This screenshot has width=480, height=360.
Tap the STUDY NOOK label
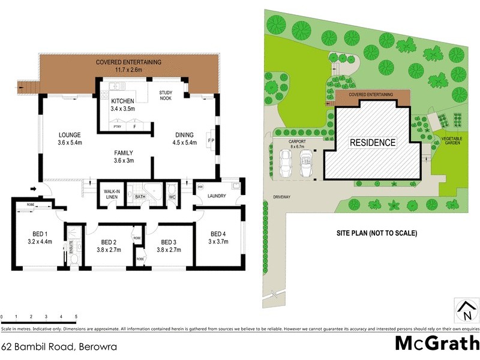166,95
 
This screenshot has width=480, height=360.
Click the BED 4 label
217,233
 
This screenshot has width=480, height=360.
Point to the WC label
171,196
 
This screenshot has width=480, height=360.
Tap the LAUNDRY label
217,196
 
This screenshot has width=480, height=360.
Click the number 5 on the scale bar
76,316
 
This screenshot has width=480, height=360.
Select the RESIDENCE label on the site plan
373,143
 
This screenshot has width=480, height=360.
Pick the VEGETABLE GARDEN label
452,140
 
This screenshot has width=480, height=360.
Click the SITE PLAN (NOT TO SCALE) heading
376,233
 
